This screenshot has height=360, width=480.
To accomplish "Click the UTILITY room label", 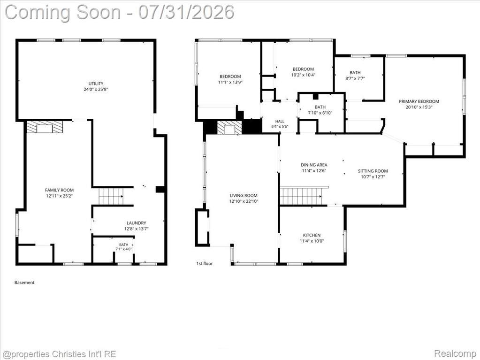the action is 96,86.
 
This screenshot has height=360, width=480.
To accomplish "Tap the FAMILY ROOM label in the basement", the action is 60,193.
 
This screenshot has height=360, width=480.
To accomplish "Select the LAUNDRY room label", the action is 136,226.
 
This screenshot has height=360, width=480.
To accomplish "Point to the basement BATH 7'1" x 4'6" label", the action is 124,247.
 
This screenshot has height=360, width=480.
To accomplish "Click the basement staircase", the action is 111,196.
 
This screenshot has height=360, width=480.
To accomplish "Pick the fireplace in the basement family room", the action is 45,127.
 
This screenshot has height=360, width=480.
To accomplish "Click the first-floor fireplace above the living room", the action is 229,127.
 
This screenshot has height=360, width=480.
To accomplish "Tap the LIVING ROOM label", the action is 244,199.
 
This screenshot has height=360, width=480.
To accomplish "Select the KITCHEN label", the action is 312,238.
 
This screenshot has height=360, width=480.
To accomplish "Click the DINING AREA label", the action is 314,168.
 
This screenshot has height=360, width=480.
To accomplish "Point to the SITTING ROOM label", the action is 373,174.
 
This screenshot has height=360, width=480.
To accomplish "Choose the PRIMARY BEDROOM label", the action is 419,104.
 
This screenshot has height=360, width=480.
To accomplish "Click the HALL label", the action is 280,123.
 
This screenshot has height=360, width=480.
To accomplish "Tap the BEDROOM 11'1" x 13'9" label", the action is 230,79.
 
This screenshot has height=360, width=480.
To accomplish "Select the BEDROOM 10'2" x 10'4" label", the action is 303,72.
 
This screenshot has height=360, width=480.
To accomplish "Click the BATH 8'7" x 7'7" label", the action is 355,75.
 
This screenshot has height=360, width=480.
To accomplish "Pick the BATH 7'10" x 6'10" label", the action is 320,110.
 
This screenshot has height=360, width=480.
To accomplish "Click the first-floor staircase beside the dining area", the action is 301,196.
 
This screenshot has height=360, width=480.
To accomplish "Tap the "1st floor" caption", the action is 204,263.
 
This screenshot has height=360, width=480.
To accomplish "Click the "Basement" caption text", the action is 24,283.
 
